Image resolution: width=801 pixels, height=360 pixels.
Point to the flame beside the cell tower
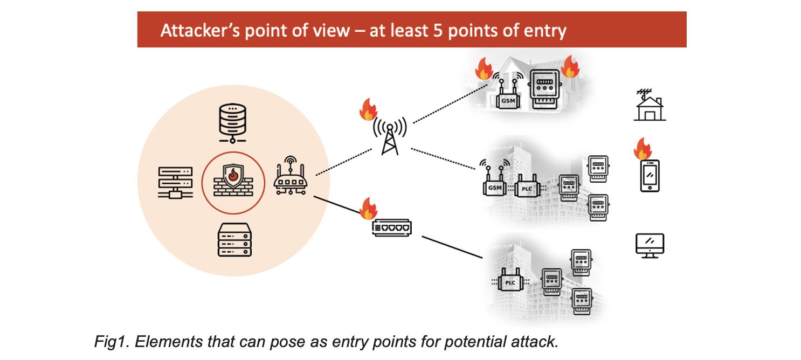[368, 109]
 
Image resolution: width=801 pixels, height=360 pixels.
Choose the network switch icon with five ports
[391, 229]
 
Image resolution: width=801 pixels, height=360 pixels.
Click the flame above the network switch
[368, 208]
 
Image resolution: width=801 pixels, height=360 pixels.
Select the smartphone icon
[650, 176]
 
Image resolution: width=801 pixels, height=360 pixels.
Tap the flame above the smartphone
[643, 149]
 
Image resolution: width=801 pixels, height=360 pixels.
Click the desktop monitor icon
[650, 245]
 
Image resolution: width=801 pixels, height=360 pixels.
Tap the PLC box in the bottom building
[510, 281]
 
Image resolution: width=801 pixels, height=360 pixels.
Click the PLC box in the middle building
[527, 188]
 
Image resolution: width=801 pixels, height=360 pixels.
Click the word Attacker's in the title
[199, 30]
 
